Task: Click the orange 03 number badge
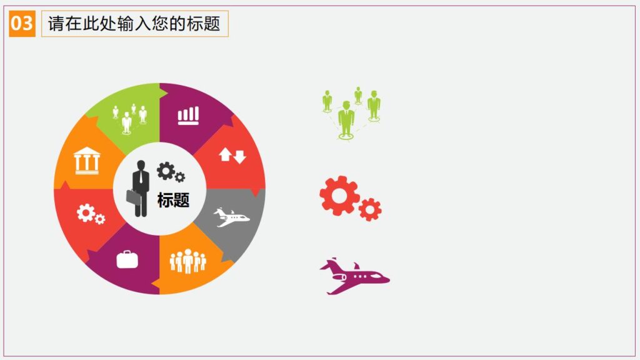pos(22,24)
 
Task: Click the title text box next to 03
pos(134,24)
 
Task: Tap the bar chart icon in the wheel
pos(188,115)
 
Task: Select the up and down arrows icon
pos(232,156)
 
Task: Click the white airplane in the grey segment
pos(231,217)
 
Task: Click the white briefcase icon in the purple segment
pos(127,259)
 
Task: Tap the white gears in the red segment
pos(90,214)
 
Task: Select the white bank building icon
pos(86,160)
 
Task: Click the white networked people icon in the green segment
pos(129,118)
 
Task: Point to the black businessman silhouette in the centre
pos(141,188)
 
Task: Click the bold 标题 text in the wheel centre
pos(173,200)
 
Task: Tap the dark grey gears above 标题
pos(170,171)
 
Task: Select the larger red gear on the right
pos(339,196)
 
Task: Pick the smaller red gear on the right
pos(370,209)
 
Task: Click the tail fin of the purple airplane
pos(331,264)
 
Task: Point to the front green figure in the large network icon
pos(346,119)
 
